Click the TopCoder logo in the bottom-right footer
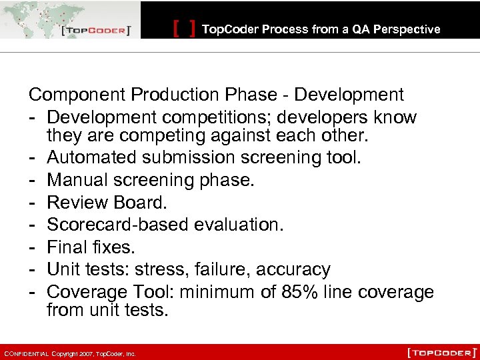pyautogui.click(x=441, y=351)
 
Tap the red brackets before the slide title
pyautogui.click(x=184, y=29)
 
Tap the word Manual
pyautogui.click(x=76, y=181)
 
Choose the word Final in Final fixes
pyautogui.click(x=67, y=247)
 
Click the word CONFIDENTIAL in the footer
pyautogui.click(x=26, y=353)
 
